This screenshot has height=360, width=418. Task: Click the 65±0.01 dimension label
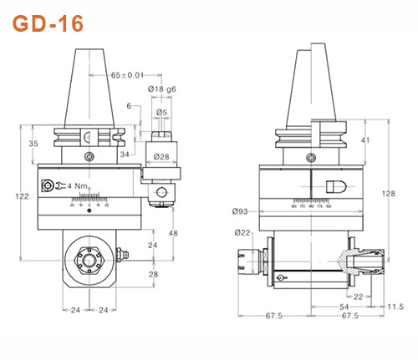[x=127, y=75]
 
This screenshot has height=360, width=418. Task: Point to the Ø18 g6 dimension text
[x=161, y=89]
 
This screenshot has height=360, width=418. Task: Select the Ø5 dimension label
[x=161, y=114]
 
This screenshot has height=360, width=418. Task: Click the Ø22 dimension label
[x=243, y=232]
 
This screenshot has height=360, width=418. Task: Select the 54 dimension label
[x=344, y=307]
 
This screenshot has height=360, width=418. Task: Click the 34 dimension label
[x=124, y=153]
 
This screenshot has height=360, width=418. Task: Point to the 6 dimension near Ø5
[x=130, y=106]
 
